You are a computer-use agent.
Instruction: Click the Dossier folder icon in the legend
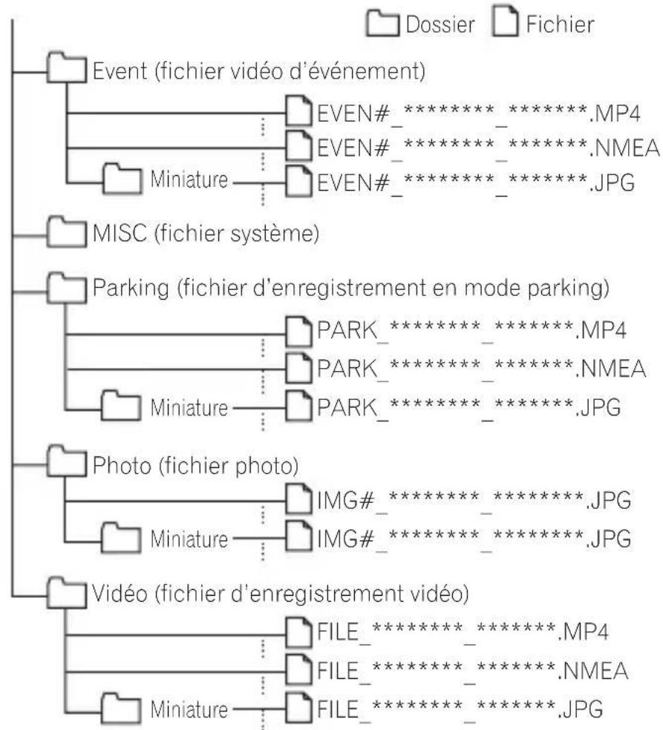(x=382, y=24)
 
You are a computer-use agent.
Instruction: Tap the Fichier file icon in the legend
(x=505, y=22)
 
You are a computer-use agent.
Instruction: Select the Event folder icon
(x=67, y=68)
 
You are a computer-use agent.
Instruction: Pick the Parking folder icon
(x=67, y=288)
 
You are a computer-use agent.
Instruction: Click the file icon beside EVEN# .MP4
(x=298, y=111)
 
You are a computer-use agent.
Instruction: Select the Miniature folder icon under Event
(x=122, y=179)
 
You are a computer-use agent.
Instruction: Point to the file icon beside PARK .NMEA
(x=298, y=368)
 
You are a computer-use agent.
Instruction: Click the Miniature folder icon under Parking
(x=121, y=406)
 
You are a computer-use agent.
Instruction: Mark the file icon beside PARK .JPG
(x=298, y=405)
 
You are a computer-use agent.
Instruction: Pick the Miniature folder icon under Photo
(x=121, y=538)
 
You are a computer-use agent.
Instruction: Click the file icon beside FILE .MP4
(x=298, y=632)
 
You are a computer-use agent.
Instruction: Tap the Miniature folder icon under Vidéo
(x=121, y=708)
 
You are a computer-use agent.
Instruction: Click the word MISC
(x=120, y=233)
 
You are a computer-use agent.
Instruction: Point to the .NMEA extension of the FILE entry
(x=593, y=671)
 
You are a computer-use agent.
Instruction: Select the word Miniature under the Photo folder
(x=189, y=539)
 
